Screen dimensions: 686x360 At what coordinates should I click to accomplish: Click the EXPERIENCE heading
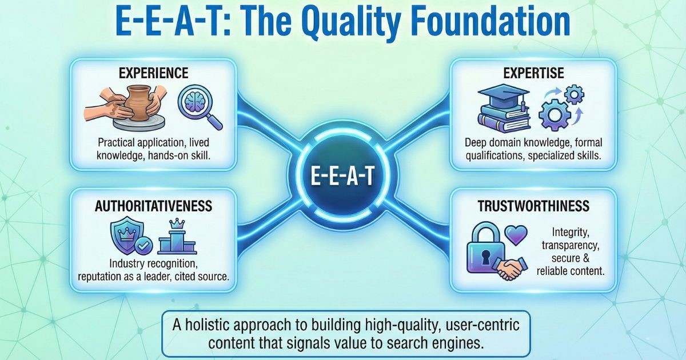click(x=153, y=73)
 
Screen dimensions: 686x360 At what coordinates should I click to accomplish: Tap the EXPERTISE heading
click(x=533, y=73)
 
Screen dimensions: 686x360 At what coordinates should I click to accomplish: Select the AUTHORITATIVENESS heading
click(x=153, y=206)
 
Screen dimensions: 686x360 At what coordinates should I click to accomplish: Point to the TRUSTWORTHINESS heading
click(x=533, y=206)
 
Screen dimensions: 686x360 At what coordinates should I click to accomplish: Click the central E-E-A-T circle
click(x=342, y=176)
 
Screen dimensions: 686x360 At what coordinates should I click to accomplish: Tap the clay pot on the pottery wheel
click(x=138, y=102)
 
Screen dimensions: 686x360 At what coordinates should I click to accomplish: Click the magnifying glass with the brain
click(x=199, y=106)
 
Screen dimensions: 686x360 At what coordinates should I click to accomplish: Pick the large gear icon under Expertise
click(x=555, y=114)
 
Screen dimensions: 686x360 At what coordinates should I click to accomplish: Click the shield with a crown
click(x=126, y=234)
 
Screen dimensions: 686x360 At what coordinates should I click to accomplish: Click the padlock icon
click(x=485, y=249)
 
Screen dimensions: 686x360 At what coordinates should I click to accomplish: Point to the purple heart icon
click(x=516, y=235)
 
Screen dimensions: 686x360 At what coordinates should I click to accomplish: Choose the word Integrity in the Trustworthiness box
click(x=571, y=233)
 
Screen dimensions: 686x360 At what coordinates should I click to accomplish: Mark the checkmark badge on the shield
click(x=144, y=245)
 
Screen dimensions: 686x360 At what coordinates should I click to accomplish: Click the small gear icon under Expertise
click(x=574, y=95)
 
